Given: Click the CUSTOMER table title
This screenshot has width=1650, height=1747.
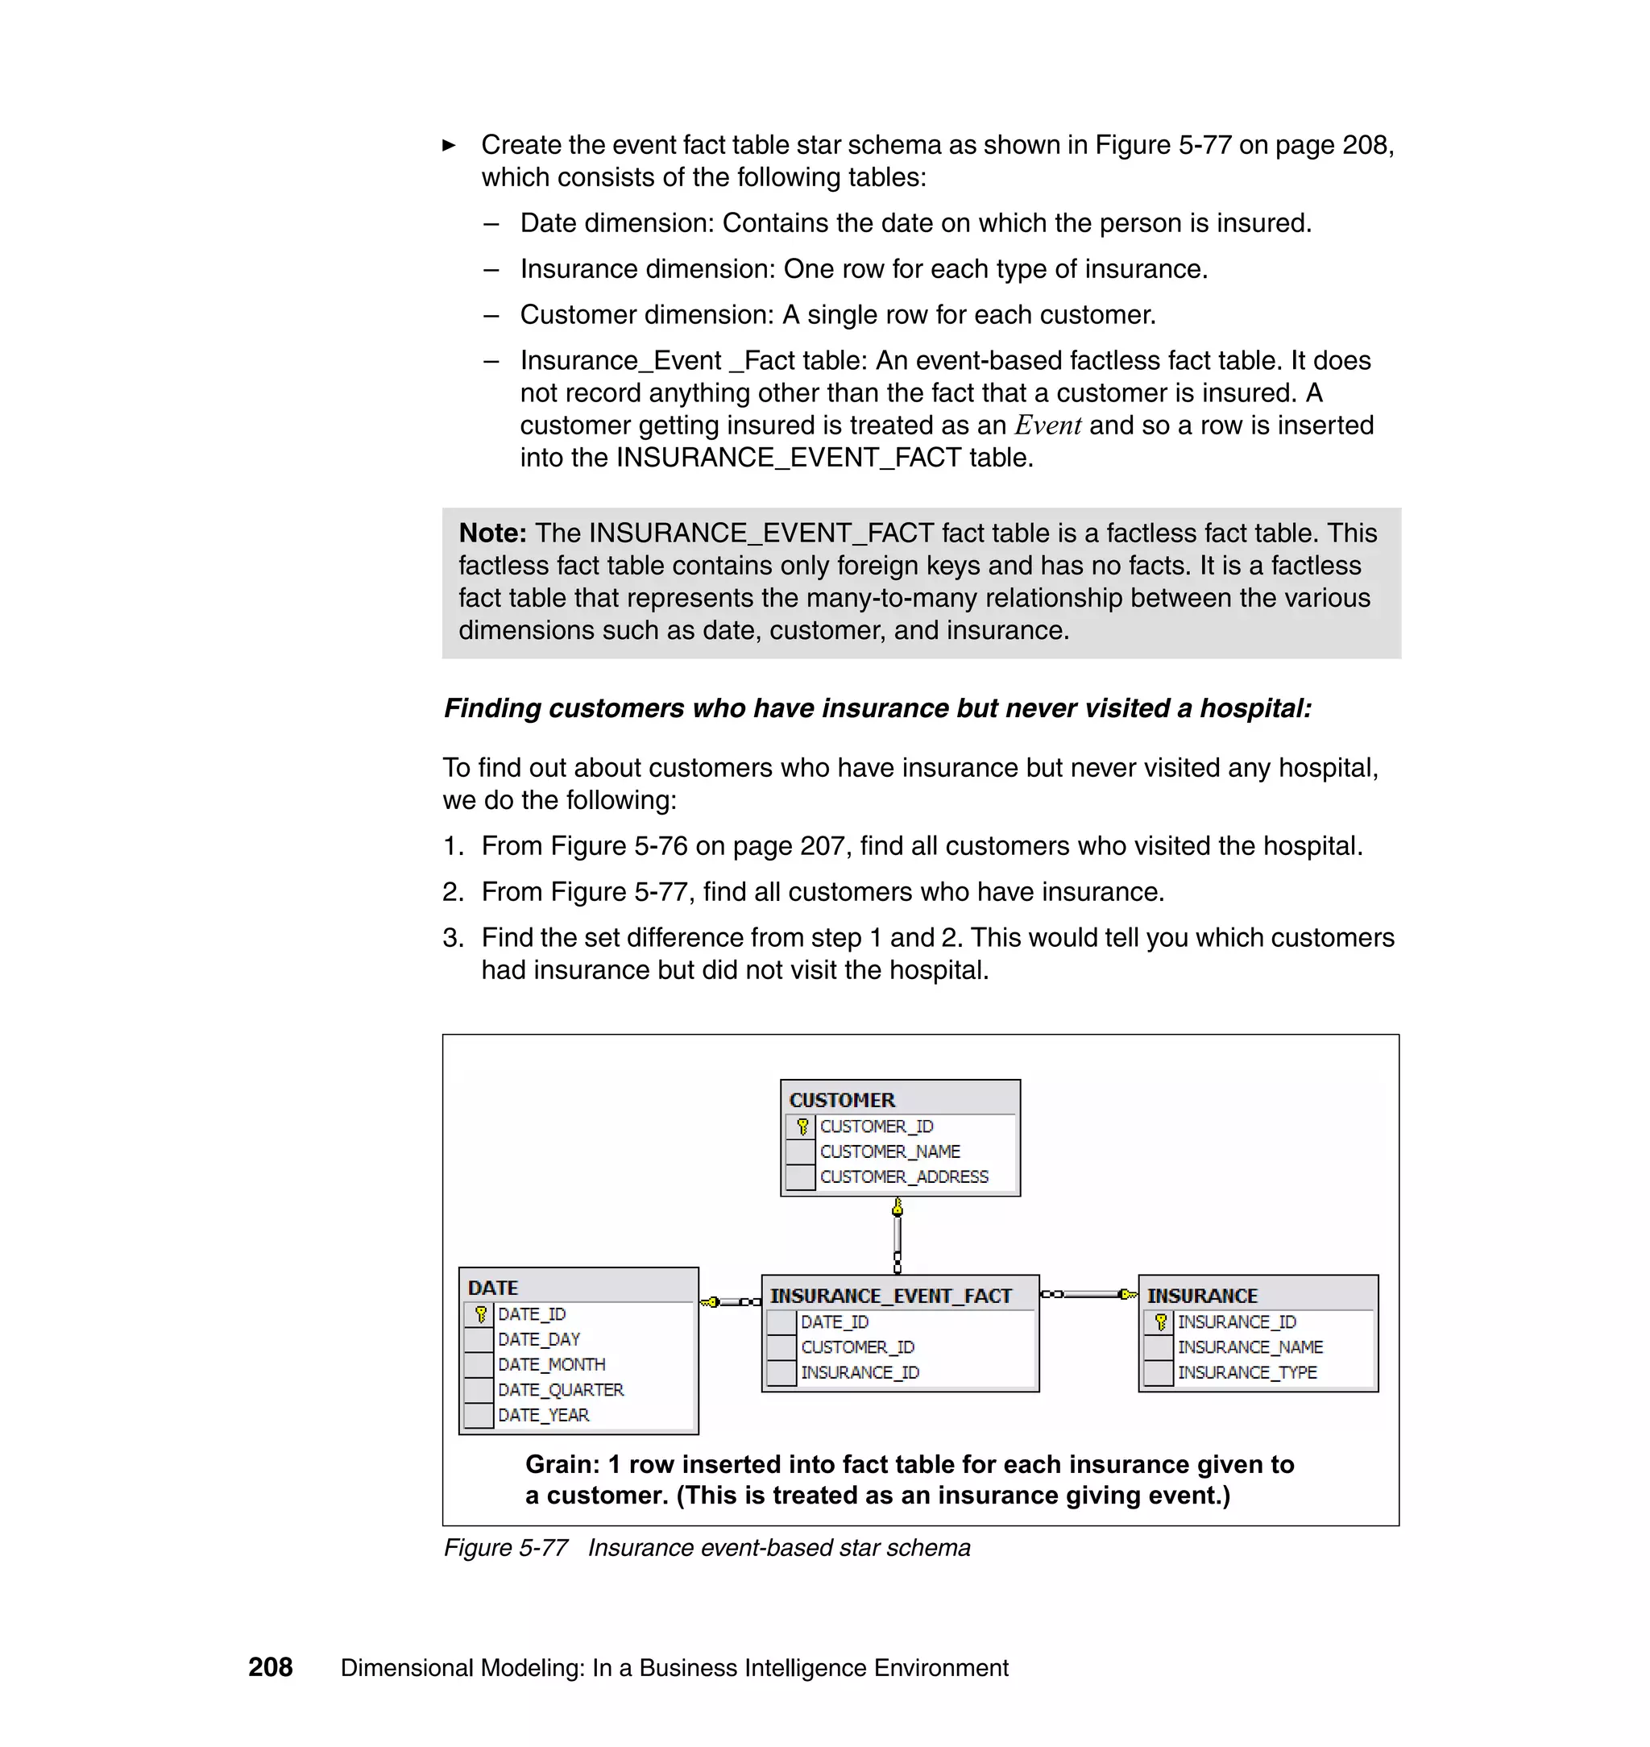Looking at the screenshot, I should (x=842, y=1100).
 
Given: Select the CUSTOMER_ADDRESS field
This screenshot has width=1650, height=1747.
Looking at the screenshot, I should (x=903, y=1176).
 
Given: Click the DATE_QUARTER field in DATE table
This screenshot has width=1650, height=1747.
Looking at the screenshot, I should (x=560, y=1390).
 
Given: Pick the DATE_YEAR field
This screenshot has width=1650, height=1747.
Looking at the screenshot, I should (x=543, y=1414).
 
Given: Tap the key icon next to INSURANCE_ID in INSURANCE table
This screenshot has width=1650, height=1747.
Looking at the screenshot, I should (x=1159, y=1322).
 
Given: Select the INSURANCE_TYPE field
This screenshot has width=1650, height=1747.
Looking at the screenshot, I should (x=1246, y=1372).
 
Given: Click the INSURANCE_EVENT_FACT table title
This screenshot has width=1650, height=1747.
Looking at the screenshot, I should (x=890, y=1296).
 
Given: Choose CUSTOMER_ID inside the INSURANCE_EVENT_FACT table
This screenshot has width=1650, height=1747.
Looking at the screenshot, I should (x=856, y=1347).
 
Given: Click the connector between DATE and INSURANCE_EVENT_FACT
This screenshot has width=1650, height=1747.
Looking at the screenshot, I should (x=730, y=1302).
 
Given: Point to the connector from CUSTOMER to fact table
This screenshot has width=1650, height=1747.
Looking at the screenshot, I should (x=898, y=1236).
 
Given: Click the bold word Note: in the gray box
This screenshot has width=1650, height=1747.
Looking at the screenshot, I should (x=492, y=533).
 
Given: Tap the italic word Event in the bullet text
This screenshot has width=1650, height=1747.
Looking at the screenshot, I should (x=1047, y=425).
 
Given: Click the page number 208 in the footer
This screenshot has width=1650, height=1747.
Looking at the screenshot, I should (x=270, y=1667).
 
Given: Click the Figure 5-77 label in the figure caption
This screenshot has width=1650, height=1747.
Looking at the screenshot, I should (x=506, y=1547).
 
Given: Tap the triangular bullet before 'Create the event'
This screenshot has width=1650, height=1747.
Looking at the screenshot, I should (x=449, y=145).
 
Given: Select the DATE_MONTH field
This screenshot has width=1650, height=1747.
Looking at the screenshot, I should (x=550, y=1364).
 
